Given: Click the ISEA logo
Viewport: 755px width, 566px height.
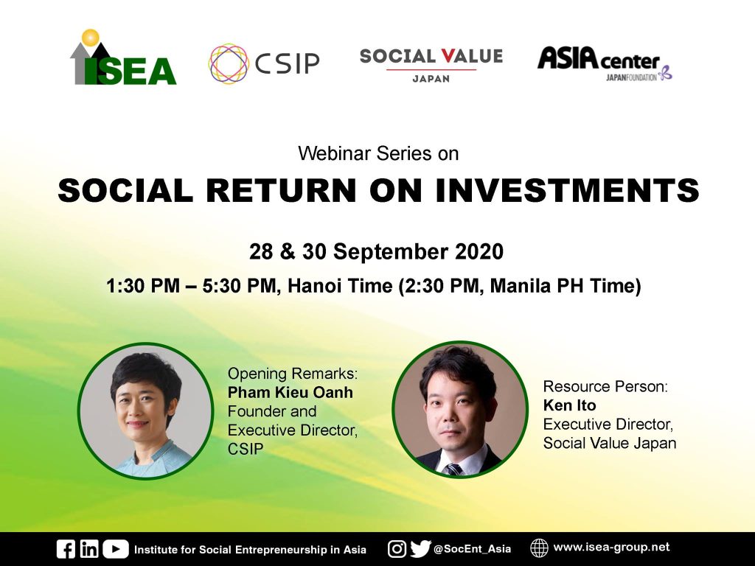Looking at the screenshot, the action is click(x=123, y=57).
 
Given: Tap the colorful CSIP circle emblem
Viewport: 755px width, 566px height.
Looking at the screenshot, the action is click(x=229, y=63).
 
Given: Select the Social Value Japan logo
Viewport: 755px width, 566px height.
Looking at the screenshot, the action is click(x=431, y=66).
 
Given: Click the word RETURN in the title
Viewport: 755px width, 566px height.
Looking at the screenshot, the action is click(x=281, y=191).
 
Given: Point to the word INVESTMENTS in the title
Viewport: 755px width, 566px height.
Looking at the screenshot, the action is click(x=567, y=191).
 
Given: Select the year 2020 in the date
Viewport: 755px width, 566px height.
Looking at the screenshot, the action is click(x=479, y=252).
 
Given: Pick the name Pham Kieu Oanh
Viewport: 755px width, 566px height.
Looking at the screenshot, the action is click(x=290, y=392).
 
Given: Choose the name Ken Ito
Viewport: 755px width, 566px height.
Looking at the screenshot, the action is click(x=570, y=405).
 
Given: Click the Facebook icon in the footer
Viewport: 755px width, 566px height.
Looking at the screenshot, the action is click(x=66, y=549).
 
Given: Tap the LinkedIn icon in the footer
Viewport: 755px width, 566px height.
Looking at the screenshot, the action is click(x=89, y=548).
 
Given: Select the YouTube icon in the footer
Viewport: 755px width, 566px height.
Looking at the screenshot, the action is click(x=116, y=549).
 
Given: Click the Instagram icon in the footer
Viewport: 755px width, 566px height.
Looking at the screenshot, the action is click(x=397, y=549).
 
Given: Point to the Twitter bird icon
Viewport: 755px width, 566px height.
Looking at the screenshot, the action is click(x=420, y=548).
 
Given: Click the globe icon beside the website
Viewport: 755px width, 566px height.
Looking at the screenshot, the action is click(x=539, y=548).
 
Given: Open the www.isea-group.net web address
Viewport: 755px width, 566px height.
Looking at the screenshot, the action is click(x=611, y=548).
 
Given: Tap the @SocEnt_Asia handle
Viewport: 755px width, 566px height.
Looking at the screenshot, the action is click(x=472, y=549).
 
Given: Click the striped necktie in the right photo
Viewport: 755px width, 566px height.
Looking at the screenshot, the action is click(x=453, y=469).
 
